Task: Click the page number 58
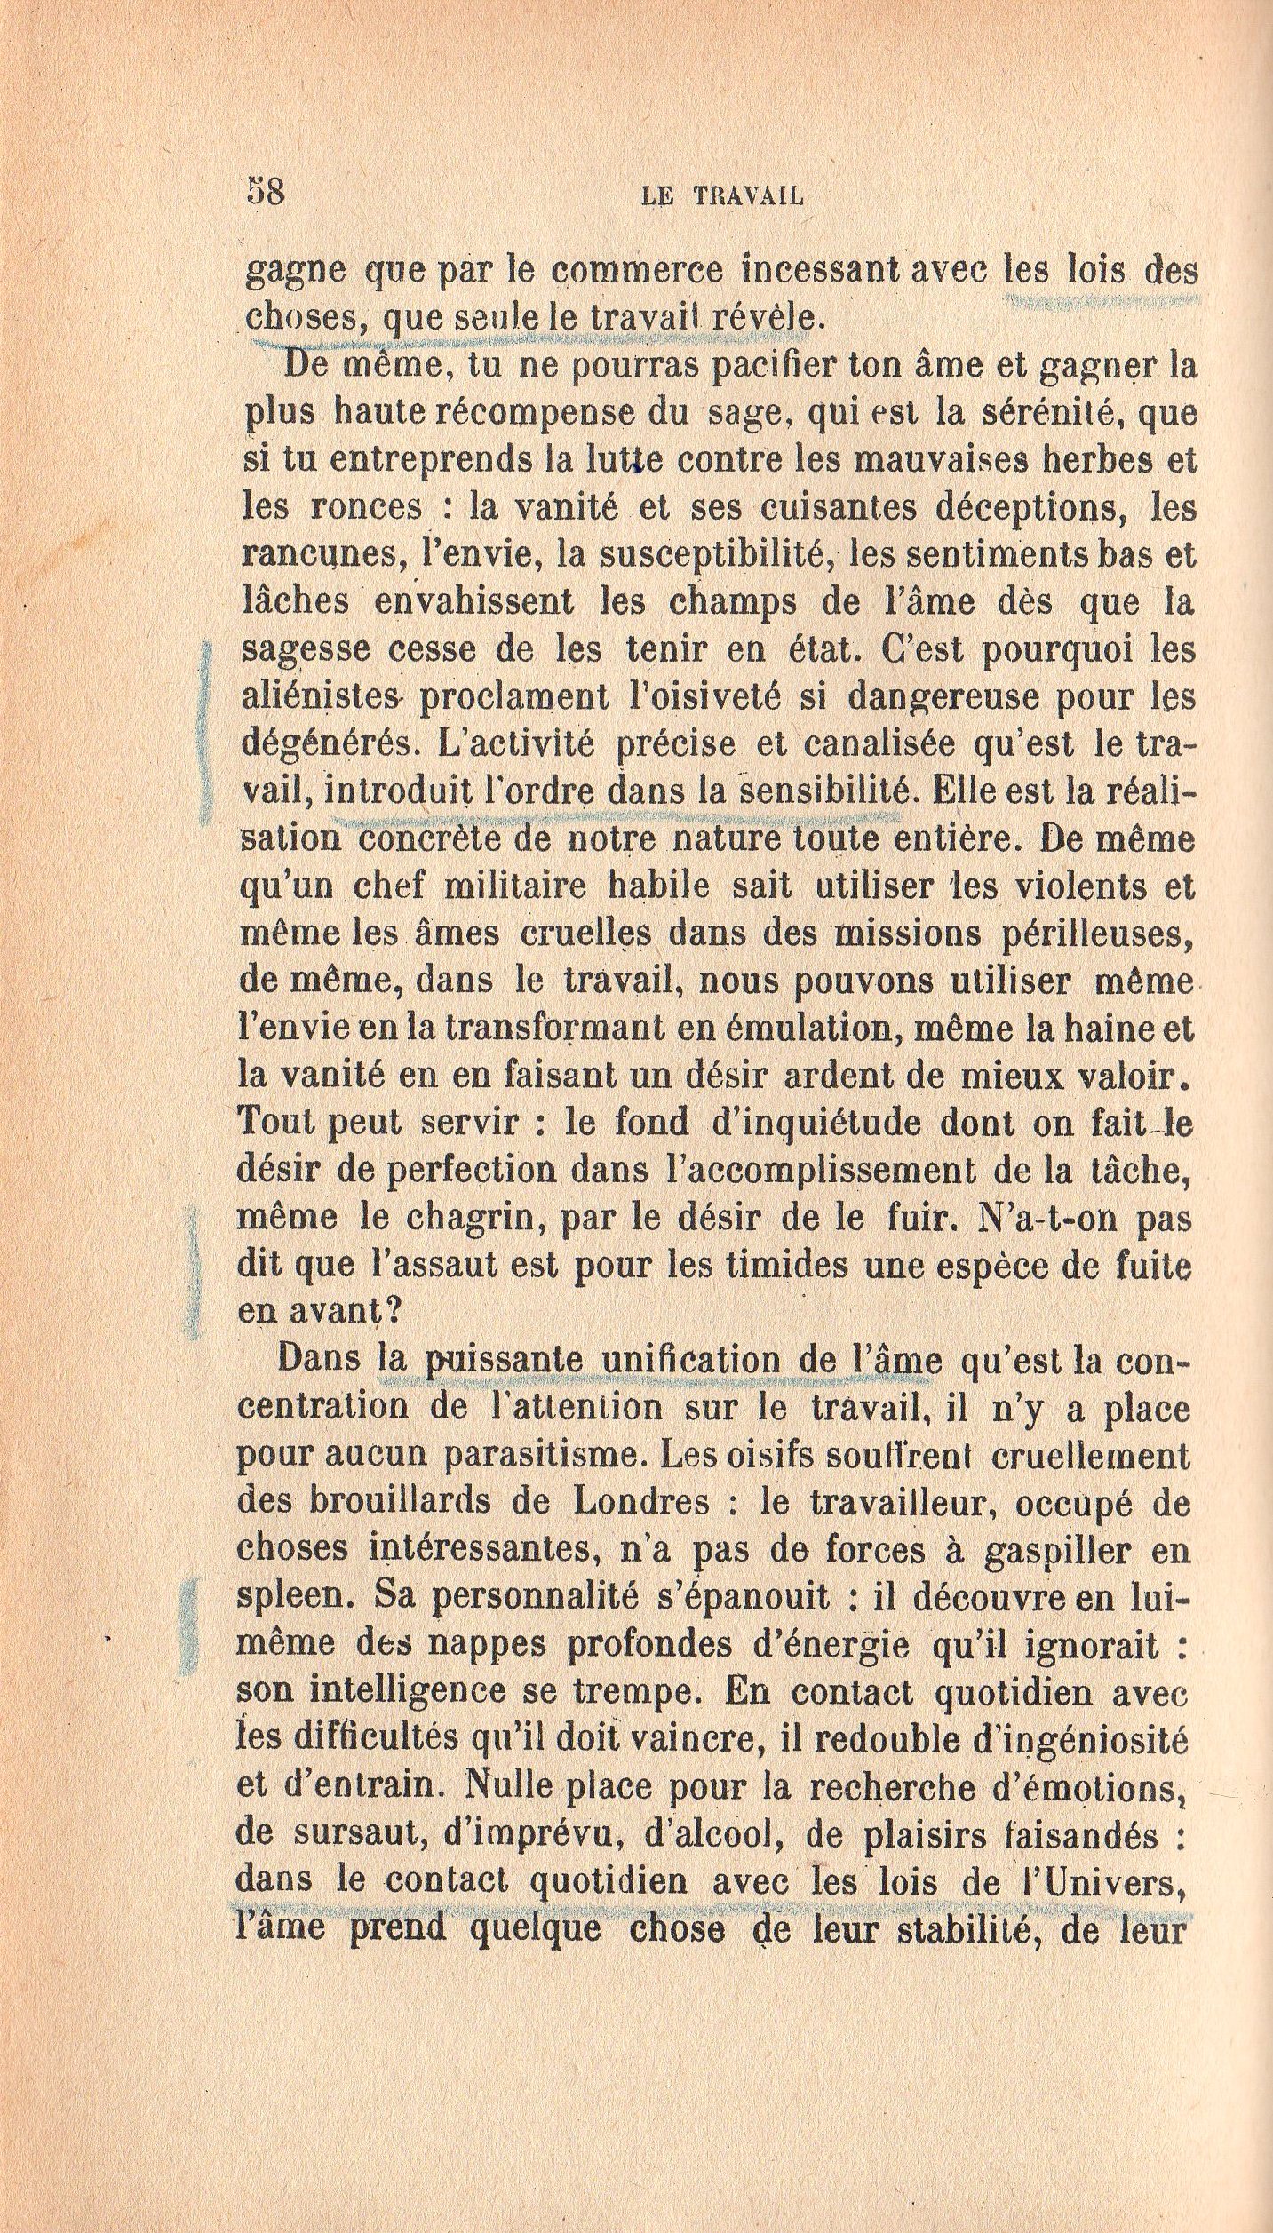pos(264,192)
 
